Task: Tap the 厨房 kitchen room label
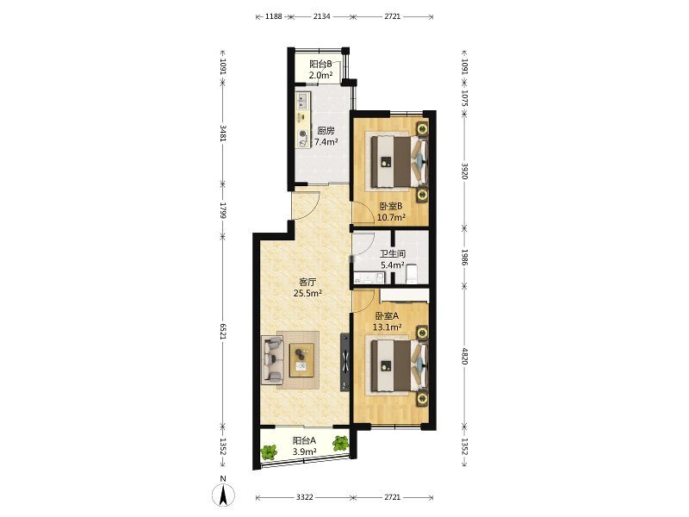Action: [x=326, y=131]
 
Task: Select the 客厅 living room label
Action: [x=307, y=282]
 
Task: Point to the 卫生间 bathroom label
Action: [x=393, y=253]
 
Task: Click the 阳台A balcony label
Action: [x=305, y=440]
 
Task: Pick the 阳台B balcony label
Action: [x=320, y=64]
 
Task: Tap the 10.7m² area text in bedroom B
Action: [x=391, y=217]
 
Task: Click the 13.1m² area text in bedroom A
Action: [x=387, y=327]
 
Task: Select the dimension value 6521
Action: [x=223, y=331]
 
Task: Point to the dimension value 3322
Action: [x=305, y=497]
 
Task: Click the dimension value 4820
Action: [x=464, y=356]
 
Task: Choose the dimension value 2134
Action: [x=321, y=16]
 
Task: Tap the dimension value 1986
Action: [x=464, y=257]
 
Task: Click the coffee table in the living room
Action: [x=302, y=360]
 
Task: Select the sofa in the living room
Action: [x=272, y=359]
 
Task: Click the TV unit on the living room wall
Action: [x=345, y=362]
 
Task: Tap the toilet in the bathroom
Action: [x=412, y=274]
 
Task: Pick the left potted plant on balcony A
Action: [x=269, y=452]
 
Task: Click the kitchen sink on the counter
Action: [x=303, y=101]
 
